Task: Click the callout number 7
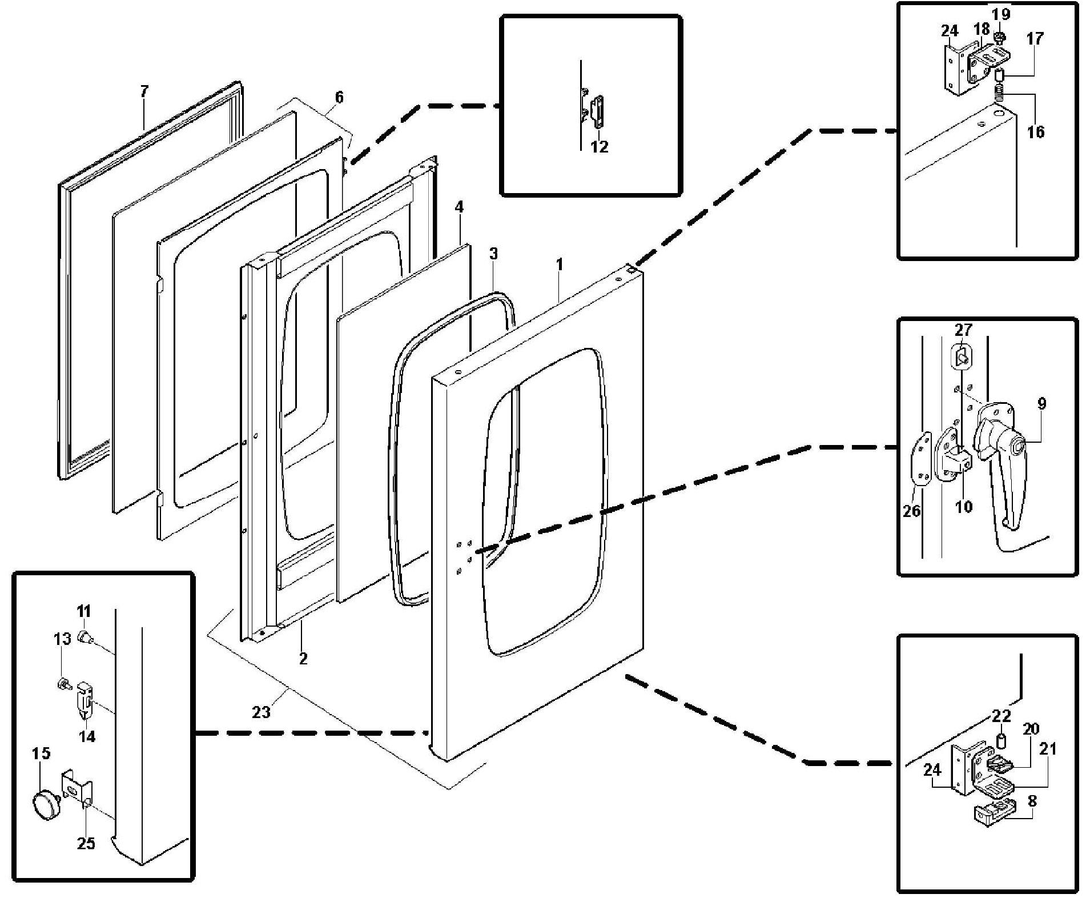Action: pos(144,91)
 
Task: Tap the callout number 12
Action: pos(599,147)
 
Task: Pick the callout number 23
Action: pos(261,712)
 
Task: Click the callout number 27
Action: pos(963,330)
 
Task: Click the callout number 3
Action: pos(493,254)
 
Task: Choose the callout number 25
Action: pos(86,843)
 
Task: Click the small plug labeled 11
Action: pos(85,636)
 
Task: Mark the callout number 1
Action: pos(560,264)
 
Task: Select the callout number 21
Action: pos(1047,748)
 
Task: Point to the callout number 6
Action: pos(339,97)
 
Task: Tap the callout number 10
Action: pos(963,506)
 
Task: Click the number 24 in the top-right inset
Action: pos(950,30)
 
